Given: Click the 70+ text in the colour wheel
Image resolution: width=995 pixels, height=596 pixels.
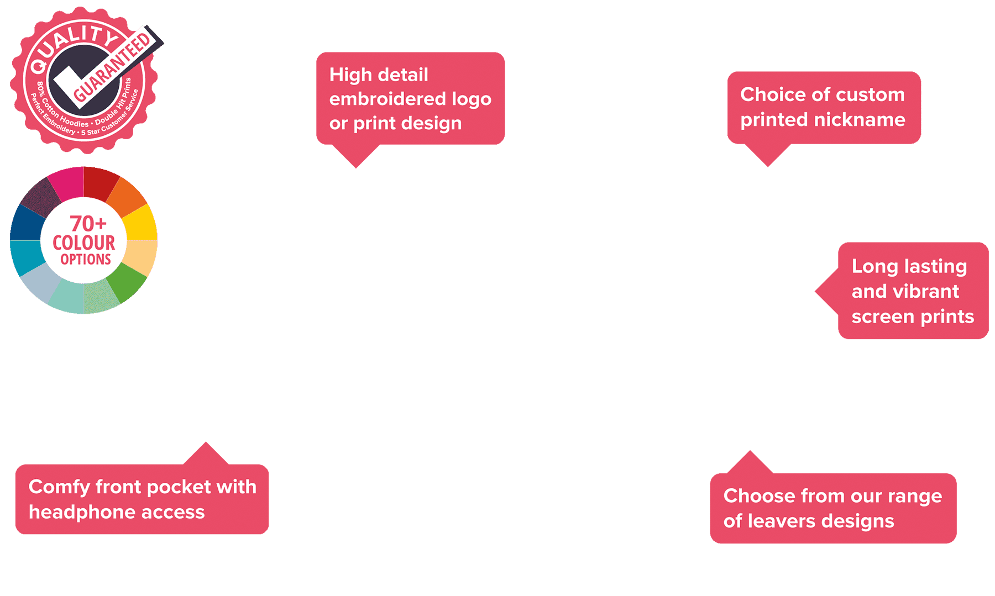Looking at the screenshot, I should pos(88,224).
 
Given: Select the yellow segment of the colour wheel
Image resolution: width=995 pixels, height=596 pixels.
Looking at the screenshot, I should pos(139,223).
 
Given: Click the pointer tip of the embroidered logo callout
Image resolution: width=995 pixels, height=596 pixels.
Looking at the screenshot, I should pos(356,166).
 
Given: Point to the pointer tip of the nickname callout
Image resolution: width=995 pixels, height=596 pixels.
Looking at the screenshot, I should pos(767,165).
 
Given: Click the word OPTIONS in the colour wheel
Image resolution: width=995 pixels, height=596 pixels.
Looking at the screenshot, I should pos(86,260).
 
